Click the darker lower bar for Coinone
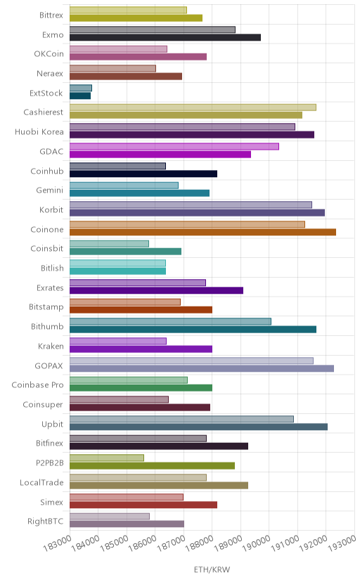click(202, 232)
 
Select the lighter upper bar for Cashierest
click(193, 108)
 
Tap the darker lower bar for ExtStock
click(80, 96)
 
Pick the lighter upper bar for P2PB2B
click(107, 458)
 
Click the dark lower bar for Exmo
click(165, 37)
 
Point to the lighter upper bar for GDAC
click(174, 146)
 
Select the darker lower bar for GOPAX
click(202, 368)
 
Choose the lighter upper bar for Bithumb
click(170, 321)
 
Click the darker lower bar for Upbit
click(198, 427)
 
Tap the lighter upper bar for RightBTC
click(110, 517)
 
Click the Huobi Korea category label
click(39, 131)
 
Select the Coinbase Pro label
click(37, 385)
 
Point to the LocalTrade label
click(41, 482)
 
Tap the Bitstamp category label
click(46, 307)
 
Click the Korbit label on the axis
click(51, 209)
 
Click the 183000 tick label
click(57, 543)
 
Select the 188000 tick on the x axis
click(200, 543)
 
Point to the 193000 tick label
click(342, 543)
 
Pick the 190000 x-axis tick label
click(257, 543)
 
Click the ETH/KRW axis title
click(212, 570)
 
